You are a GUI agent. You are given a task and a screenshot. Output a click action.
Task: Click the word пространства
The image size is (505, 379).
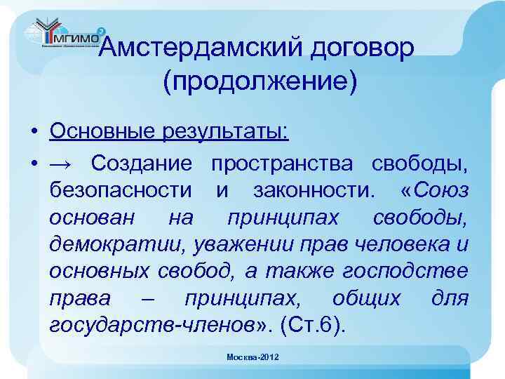click(282, 164)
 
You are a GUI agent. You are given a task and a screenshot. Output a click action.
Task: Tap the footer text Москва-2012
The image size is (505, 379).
click(252, 357)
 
